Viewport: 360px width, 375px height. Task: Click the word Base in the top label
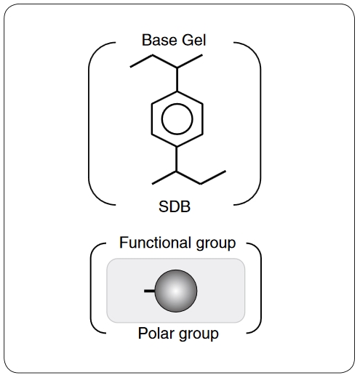click(x=159, y=40)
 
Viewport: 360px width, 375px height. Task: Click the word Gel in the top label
click(x=194, y=40)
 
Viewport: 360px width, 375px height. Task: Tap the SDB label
click(x=175, y=207)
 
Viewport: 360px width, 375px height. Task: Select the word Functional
click(x=155, y=243)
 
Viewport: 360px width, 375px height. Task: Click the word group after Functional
click(x=216, y=244)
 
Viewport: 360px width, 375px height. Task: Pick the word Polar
click(x=156, y=334)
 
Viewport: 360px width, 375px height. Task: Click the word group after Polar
click(x=199, y=335)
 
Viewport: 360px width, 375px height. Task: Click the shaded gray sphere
click(x=176, y=291)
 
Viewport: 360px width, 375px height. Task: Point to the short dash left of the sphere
click(x=149, y=291)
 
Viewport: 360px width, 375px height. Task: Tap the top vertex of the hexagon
click(x=177, y=92)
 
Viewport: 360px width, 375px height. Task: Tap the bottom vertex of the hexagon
click(x=177, y=147)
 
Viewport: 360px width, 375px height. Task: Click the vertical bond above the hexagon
click(x=177, y=79)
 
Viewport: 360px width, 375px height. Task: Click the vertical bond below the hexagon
click(x=177, y=159)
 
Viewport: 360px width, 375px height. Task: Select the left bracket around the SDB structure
click(x=89, y=124)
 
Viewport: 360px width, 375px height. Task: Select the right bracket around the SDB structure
click(x=260, y=124)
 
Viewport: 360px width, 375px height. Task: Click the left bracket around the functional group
click(x=91, y=289)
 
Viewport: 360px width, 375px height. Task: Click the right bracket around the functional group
click(x=261, y=289)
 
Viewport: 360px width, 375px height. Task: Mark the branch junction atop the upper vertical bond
click(x=177, y=68)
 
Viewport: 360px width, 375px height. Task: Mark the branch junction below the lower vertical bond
click(x=177, y=172)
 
